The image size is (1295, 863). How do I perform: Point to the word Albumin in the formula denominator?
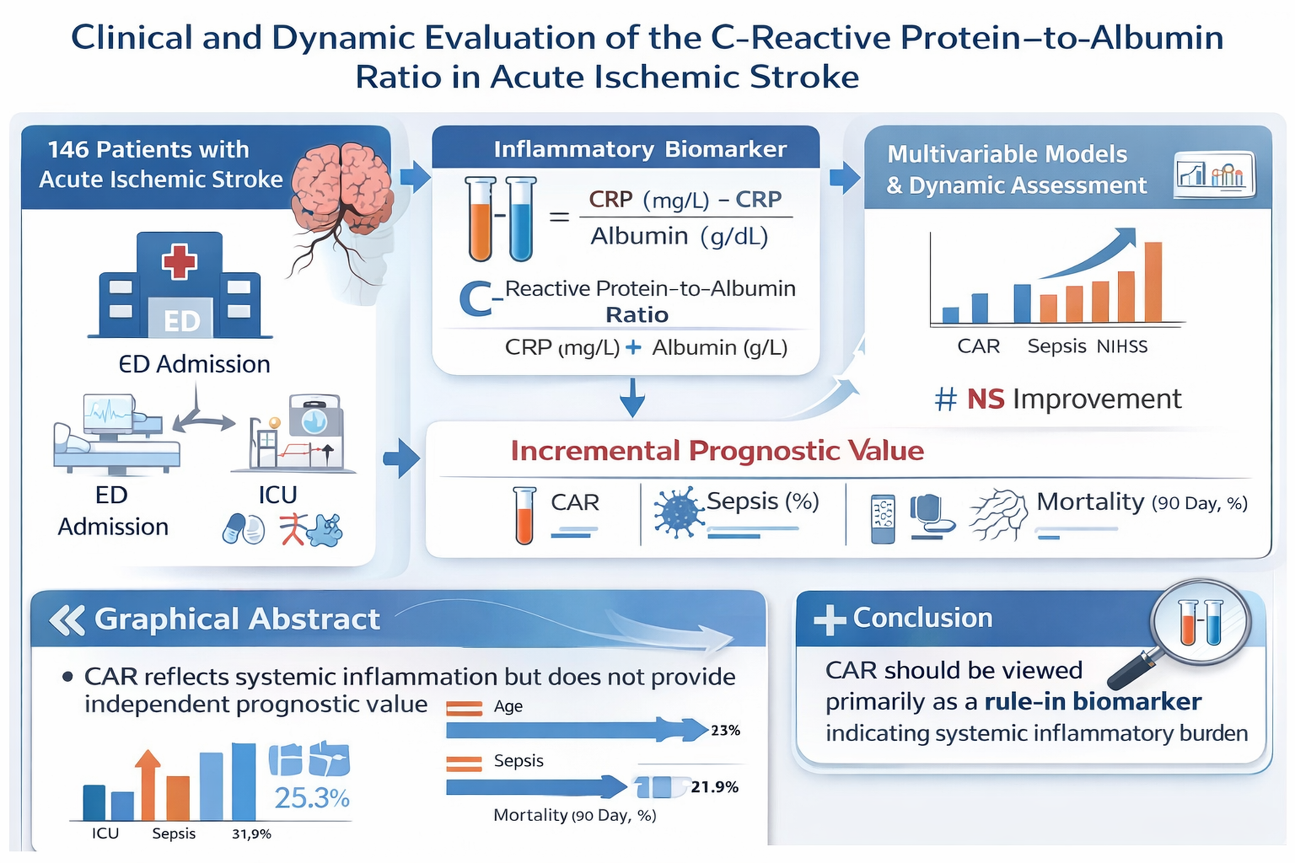[639, 237]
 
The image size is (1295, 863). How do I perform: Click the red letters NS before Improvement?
[986, 399]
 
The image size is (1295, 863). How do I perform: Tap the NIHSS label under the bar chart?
[1122, 347]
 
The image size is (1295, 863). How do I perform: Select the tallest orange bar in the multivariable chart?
[1153, 282]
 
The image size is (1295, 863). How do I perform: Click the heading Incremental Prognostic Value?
[717, 451]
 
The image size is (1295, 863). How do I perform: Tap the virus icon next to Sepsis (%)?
[678, 512]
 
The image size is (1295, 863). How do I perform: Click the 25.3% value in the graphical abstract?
[312, 798]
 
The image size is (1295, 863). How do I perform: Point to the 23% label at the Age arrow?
[725, 730]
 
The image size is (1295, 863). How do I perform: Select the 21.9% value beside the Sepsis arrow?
[714, 787]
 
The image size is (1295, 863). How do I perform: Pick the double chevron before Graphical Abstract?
[67, 620]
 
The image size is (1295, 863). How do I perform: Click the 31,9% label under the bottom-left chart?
[252, 834]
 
